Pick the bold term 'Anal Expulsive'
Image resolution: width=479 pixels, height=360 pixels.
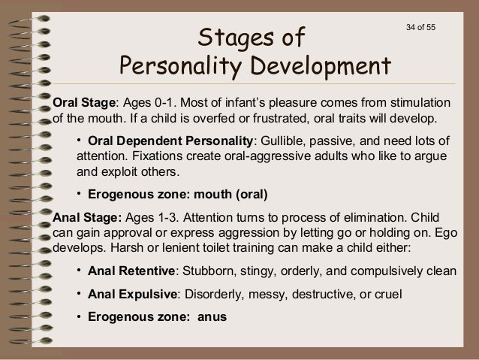132,294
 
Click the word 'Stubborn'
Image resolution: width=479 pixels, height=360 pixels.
206,270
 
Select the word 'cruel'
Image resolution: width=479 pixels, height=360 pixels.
387,294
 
